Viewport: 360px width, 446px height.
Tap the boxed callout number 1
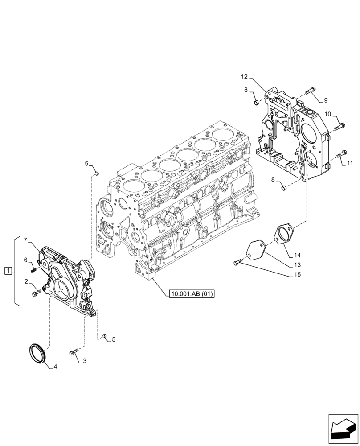(8, 271)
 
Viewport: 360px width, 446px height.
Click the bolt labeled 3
(73, 353)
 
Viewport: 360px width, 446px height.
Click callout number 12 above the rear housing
(244, 77)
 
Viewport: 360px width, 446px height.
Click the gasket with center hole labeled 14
(281, 235)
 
